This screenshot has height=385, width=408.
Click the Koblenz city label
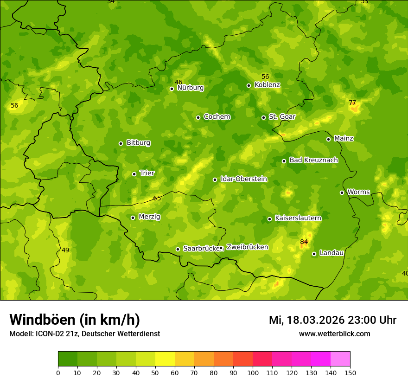pos(267,85)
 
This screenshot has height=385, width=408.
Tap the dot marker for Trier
pos(134,174)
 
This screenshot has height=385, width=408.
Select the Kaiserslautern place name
pos(298,218)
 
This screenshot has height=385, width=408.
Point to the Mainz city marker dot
pos(328,139)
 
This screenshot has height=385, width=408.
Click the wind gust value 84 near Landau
pos(304,242)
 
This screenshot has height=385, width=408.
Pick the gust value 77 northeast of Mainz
pos(352,103)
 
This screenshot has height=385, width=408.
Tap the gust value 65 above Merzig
pos(157,198)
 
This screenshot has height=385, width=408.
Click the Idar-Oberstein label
pos(243,179)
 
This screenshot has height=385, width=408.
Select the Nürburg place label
pos(190,88)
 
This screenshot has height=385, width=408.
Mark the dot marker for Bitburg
pos(121,143)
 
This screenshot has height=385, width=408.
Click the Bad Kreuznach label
pos(313,160)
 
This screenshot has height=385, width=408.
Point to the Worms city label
pos(358,192)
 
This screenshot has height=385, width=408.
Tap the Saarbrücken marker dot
pos(178,249)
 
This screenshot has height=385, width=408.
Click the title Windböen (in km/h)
pos(75,320)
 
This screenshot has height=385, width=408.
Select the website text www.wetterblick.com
pos(334,334)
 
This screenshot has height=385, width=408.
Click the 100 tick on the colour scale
pos(253,372)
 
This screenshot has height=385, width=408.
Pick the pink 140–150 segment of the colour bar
pos(340,359)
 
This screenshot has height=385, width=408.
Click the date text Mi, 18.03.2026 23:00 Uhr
pos(332,320)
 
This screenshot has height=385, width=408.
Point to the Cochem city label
pos(217,117)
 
